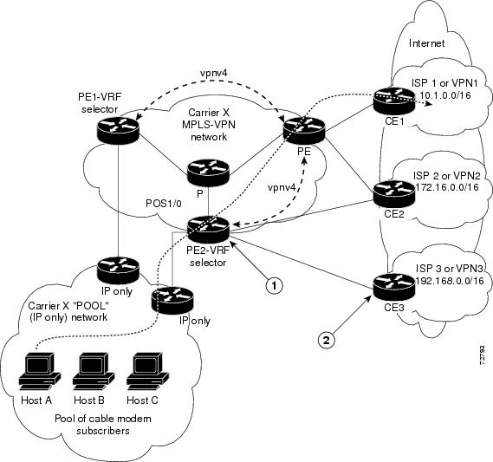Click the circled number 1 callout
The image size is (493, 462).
[274, 285]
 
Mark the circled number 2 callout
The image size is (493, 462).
[327, 340]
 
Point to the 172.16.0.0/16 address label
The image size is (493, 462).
[447, 187]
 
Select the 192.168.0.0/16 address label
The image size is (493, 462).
[450, 281]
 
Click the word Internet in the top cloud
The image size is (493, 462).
[426, 43]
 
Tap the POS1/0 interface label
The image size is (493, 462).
[164, 204]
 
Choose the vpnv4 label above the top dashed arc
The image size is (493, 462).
[214, 73]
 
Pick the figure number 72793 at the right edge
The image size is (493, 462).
[482, 355]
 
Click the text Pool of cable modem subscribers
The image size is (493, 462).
[103, 425]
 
